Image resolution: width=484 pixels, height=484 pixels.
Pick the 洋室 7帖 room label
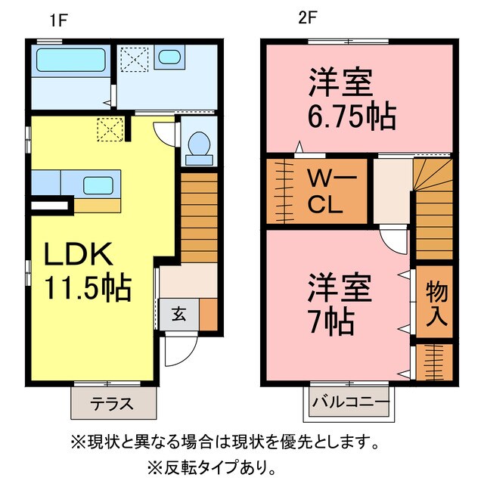click(x=339, y=306)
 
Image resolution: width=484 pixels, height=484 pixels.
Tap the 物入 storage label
click(x=436, y=302)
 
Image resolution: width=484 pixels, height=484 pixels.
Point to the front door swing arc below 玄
click(x=180, y=349)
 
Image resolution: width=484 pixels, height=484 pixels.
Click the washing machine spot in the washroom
click(x=135, y=57)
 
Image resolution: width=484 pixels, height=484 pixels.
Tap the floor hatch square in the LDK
click(x=111, y=129)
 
